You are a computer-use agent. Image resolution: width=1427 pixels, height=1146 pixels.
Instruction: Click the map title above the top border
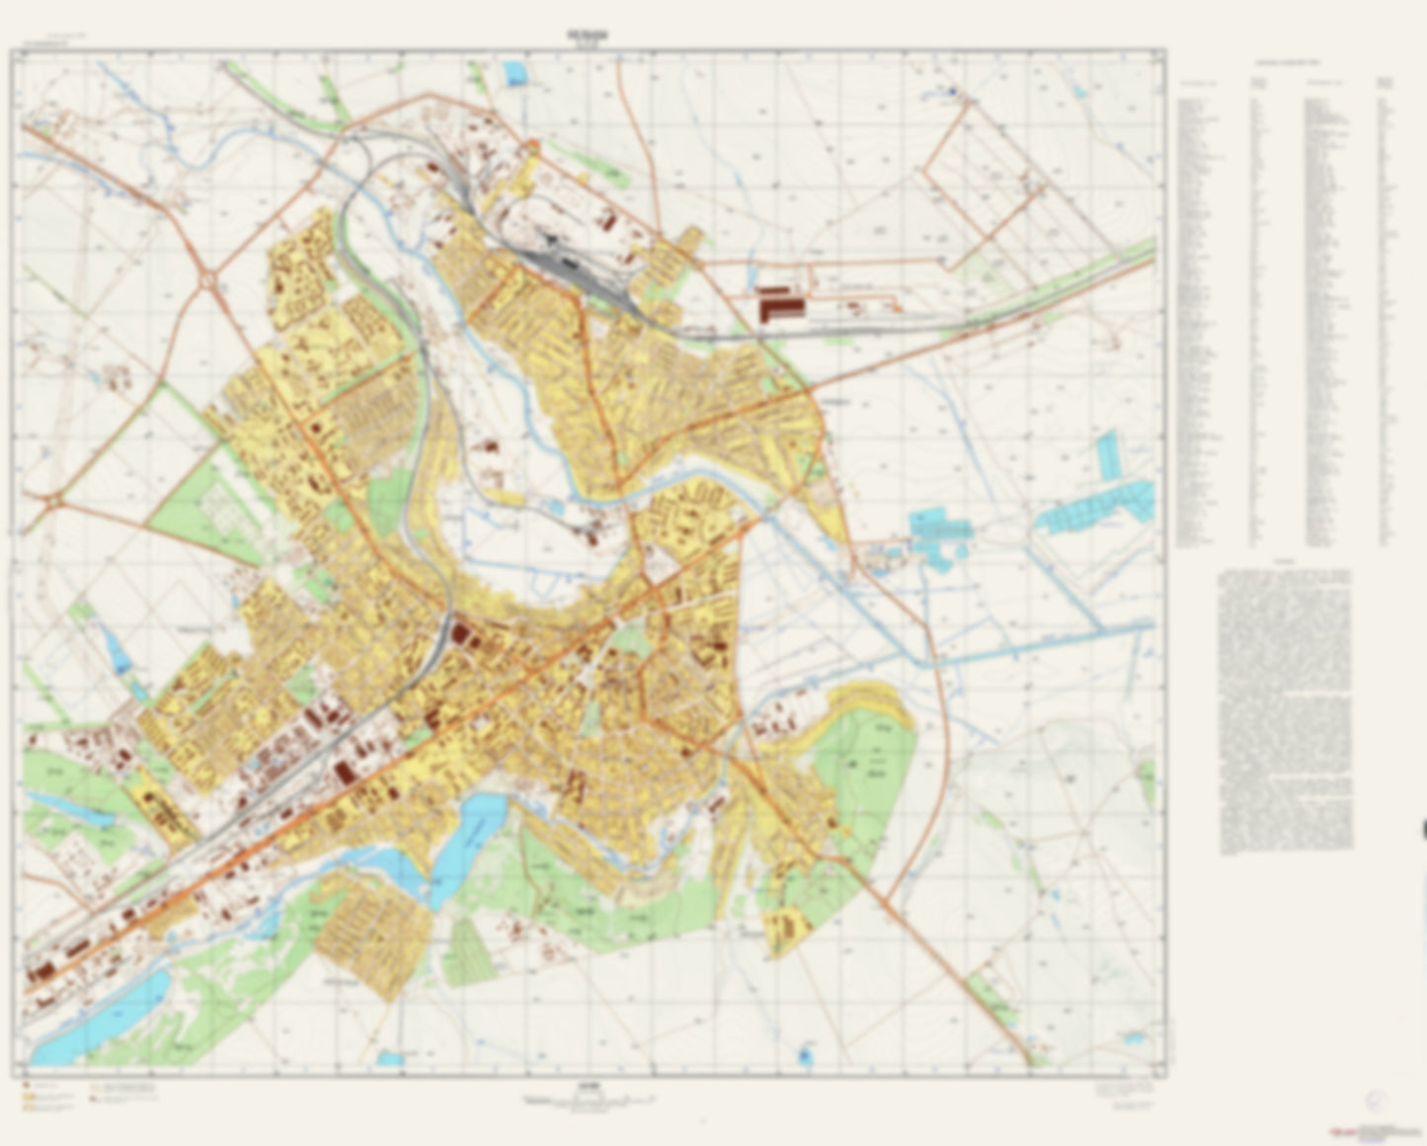[x=588, y=35]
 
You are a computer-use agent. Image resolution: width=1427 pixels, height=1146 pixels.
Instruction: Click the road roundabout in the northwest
[x=208, y=283]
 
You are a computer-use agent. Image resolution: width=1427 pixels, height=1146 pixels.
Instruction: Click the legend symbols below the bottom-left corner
[x=89, y=1097]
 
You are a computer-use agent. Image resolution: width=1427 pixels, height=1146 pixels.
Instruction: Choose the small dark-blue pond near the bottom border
[x=805, y=1056]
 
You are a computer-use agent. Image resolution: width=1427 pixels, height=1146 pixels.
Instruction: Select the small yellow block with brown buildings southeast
[x=787, y=929]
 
